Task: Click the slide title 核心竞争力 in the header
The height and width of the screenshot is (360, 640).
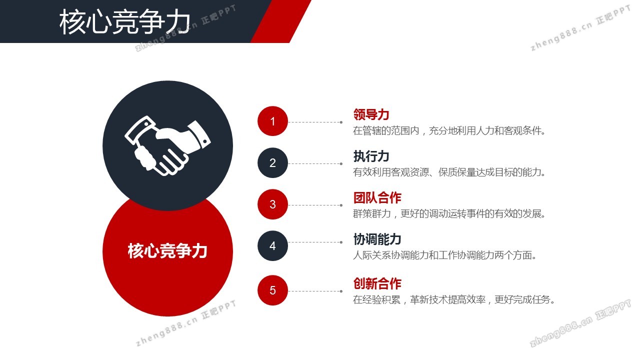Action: (x=125, y=21)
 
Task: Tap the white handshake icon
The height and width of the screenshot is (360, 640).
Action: (x=167, y=145)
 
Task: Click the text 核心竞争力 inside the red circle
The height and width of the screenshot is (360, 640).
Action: (x=167, y=251)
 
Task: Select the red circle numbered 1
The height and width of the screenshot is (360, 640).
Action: (x=272, y=121)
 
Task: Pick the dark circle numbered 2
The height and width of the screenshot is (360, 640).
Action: (x=272, y=163)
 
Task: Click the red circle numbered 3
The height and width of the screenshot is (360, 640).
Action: (x=272, y=204)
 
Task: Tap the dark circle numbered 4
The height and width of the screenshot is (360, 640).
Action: (x=272, y=245)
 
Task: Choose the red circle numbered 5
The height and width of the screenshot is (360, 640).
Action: (x=272, y=290)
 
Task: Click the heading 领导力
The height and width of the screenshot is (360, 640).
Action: (x=371, y=114)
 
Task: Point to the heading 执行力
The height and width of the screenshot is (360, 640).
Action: (x=371, y=156)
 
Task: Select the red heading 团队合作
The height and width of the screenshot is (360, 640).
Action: (x=377, y=197)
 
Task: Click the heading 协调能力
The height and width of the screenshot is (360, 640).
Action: (x=377, y=239)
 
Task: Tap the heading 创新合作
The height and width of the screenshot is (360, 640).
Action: (x=377, y=283)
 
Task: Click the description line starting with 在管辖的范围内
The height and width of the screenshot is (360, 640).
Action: (x=449, y=131)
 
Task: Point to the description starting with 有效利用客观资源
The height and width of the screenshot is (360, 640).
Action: (x=449, y=172)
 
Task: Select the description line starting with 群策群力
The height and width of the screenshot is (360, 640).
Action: (x=449, y=213)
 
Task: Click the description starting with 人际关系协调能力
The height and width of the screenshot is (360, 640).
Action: (x=444, y=255)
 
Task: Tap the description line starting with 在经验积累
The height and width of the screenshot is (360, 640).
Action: (x=454, y=299)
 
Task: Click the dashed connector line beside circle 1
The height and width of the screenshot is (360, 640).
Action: (x=315, y=122)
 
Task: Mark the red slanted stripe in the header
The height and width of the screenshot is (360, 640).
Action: (x=281, y=21)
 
